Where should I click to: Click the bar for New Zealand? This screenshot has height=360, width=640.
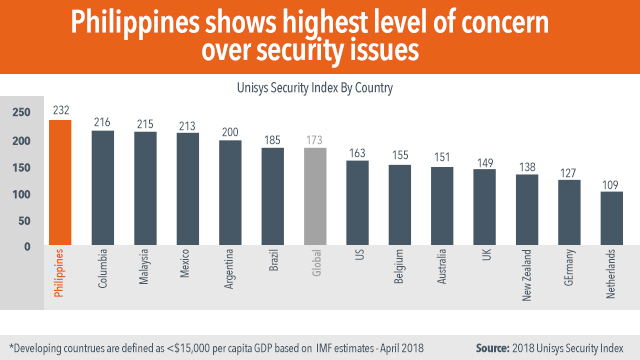point(527,209)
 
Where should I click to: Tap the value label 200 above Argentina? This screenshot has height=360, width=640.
point(230,132)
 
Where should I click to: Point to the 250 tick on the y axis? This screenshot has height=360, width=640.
point(20,113)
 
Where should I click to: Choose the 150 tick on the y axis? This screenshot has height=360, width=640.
point(20,167)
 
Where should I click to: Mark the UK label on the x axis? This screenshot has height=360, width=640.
point(485,258)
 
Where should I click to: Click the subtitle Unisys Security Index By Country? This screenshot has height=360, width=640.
point(319,87)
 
